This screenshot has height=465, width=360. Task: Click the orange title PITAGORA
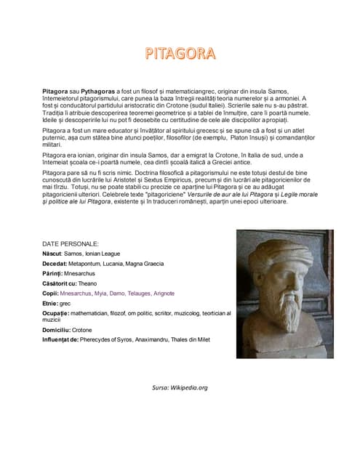[180, 53]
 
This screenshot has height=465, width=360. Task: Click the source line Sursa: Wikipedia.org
[179, 387]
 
